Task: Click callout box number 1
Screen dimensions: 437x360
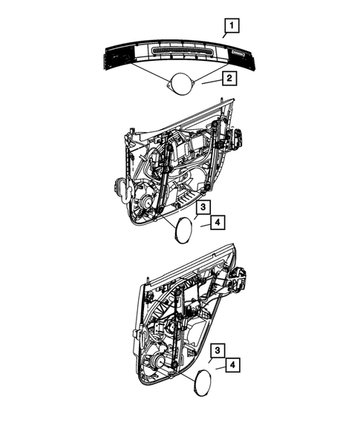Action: click(232, 28)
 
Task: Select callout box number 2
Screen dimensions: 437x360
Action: click(230, 77)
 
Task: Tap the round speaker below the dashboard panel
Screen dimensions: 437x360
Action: click(179, 83)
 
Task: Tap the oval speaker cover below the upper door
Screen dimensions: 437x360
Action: click(180, 231)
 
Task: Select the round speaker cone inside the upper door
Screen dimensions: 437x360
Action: click(143, 200)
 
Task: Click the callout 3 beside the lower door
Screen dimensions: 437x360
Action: click(217, 350)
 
